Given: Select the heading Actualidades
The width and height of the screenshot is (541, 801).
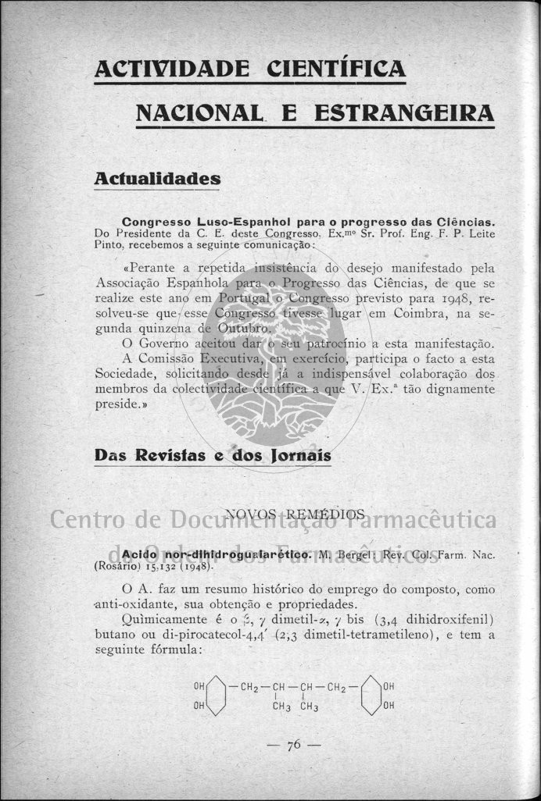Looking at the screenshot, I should coord(157,179).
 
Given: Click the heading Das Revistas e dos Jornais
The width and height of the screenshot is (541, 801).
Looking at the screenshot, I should coord(213,455).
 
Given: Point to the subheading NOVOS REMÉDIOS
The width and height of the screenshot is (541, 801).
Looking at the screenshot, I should coord(295,514).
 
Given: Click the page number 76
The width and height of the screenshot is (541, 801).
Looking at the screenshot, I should coord(294,745).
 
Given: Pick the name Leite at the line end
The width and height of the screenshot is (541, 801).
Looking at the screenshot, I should coord(478,233).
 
